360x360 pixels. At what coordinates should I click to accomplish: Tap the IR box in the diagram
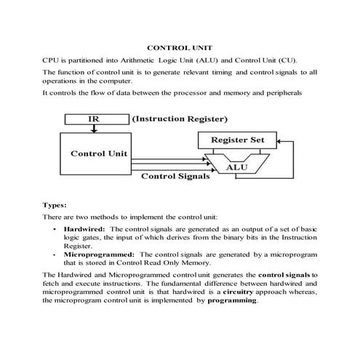94,119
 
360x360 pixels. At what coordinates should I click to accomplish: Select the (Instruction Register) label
179,119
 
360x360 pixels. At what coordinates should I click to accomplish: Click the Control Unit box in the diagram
99,154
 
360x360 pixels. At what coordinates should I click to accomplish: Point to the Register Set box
237,140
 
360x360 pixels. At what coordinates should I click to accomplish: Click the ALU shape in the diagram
237,167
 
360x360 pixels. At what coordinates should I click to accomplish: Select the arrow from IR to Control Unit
94,129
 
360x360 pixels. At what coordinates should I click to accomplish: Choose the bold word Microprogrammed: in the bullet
92,255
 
